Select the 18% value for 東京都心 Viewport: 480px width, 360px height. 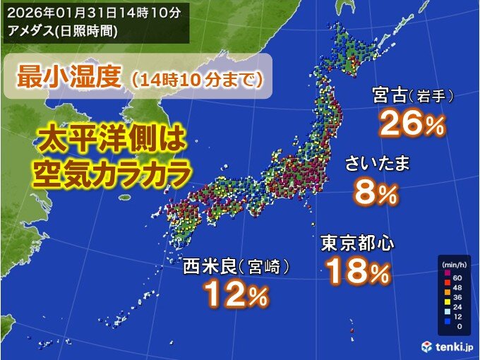click(x=358, y=272)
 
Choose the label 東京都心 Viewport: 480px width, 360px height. click(x=357, y=244)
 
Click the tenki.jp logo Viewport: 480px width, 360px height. click(x=445, y=346)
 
